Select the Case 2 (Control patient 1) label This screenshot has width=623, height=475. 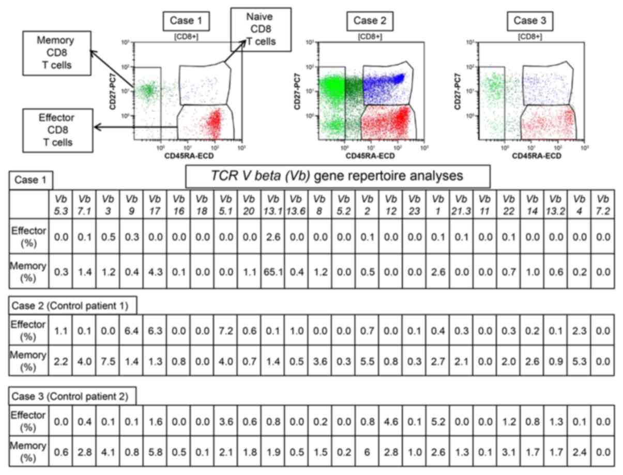pos(73,306)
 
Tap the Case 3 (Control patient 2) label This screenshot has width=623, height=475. pos(73,396)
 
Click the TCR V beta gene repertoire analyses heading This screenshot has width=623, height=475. pos(337,176)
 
